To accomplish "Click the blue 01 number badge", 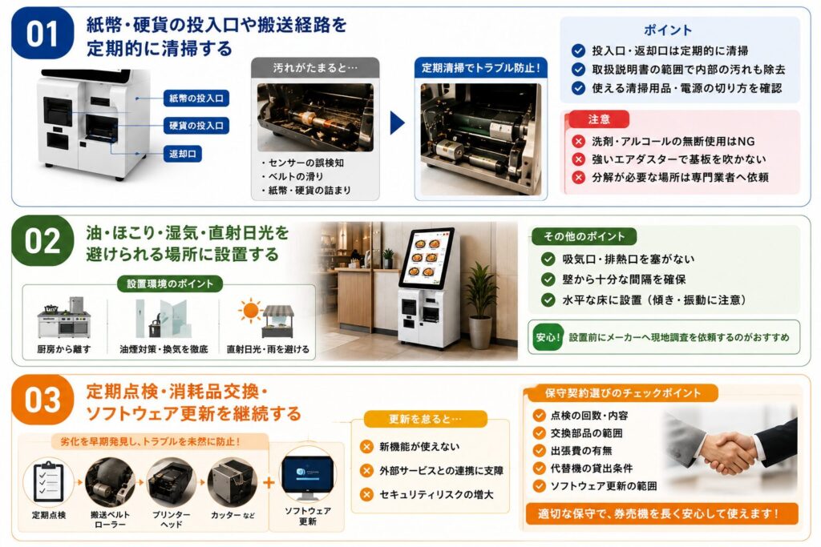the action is (x=42, y=34).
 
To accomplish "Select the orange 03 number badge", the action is (x=42, y=400).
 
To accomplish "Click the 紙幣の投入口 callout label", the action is (x=196, y=99).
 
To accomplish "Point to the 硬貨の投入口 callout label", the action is (x=196, y=126).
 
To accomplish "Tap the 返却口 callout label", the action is (x=183, y=154).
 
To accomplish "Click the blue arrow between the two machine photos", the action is (x=398, y=123).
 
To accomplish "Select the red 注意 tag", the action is (x=599, y=119).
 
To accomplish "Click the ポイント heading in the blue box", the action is (x=668, y=30).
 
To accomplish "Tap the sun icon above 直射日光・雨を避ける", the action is (x=250, y=311).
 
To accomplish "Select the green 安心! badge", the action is (x=548, y=337).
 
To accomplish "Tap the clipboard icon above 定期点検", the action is (x=48, y=480).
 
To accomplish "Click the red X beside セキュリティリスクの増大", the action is (x=366, y=494).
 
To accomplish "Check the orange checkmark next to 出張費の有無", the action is (x=540, y=450).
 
